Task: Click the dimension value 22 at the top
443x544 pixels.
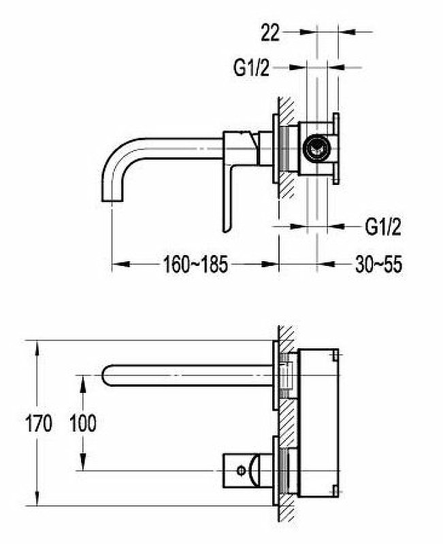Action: point(270,32)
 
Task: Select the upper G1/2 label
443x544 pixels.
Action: point(251,67)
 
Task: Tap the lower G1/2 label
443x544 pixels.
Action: point(383,227)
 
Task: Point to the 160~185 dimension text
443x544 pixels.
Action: point(195,265)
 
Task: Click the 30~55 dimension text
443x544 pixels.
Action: point(379,265)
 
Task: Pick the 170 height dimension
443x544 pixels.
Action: point(38,423)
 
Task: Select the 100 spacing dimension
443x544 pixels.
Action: point(83,423)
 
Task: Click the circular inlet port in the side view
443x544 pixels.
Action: point(315,148)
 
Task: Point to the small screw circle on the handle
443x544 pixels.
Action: point(241,471)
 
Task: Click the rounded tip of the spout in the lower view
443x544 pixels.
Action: point(104,375)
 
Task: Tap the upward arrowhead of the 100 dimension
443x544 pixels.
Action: point(82,384)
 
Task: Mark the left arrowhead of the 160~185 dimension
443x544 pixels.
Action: point(120,265)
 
